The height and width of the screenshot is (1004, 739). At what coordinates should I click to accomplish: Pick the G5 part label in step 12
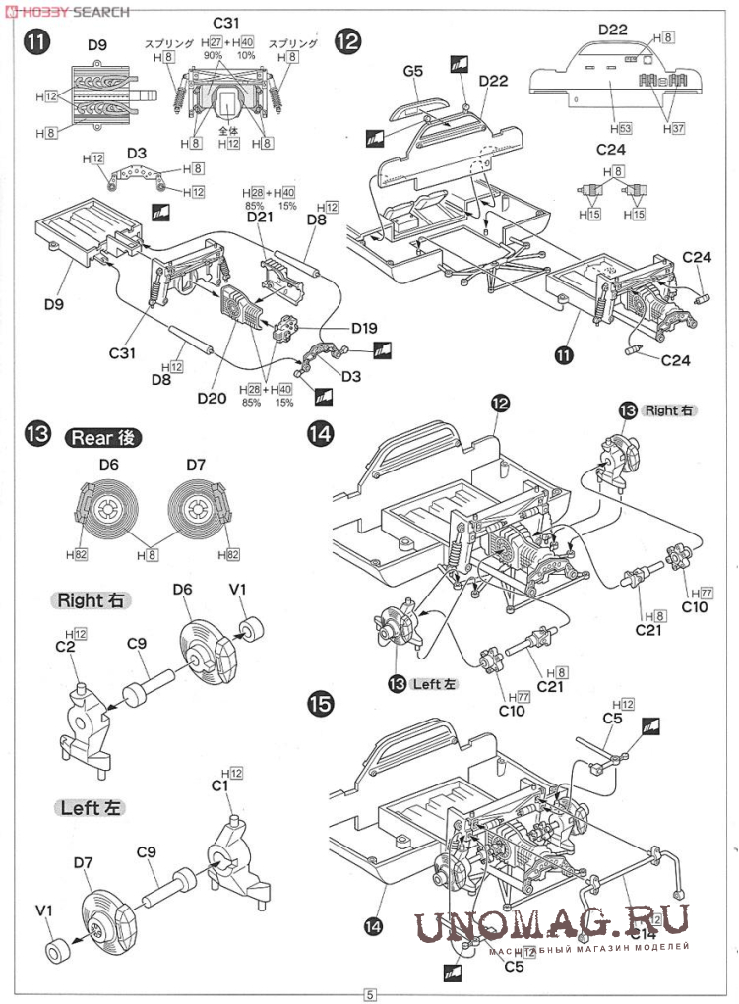[x=412, y=71]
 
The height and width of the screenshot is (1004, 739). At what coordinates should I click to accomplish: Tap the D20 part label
[x=212, y=398]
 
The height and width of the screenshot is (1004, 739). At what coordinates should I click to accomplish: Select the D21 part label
[x=260, y=216]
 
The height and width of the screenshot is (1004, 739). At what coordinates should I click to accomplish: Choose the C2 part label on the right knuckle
[x=65, y=646]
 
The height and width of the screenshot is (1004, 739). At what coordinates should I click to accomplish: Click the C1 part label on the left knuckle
[x=219, y=785]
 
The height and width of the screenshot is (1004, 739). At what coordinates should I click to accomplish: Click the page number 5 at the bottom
[x=370, y=993]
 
